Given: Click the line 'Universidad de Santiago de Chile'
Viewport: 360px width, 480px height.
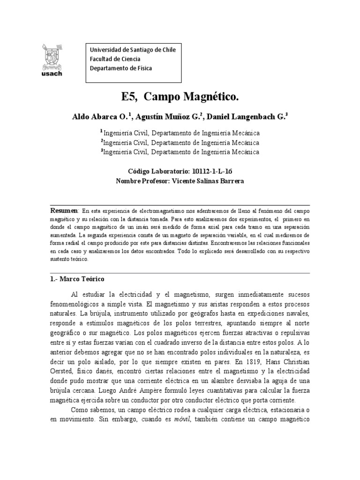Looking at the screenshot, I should tap(133, 50).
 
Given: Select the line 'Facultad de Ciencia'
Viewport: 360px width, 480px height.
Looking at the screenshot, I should tap(115, 59).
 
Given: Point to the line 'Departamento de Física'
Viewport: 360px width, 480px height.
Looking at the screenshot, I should tap(120, 68).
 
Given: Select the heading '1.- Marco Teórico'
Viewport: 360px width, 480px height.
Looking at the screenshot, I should tap(77, 278).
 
